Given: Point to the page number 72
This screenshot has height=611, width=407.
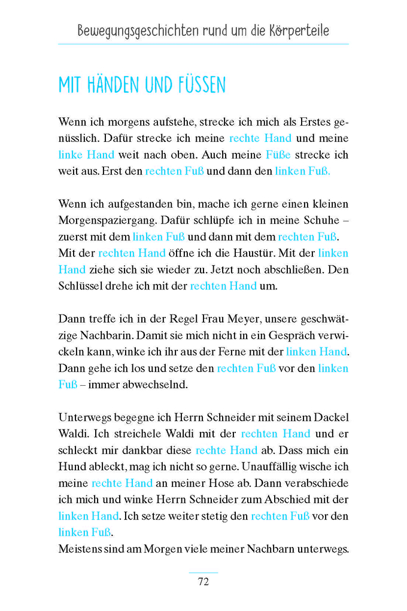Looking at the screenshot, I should point(203,582).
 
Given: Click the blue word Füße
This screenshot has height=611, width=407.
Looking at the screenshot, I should point(278,155).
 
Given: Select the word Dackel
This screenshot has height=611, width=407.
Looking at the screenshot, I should point(332,418).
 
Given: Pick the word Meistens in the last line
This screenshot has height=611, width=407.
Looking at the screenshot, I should point(79,549).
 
